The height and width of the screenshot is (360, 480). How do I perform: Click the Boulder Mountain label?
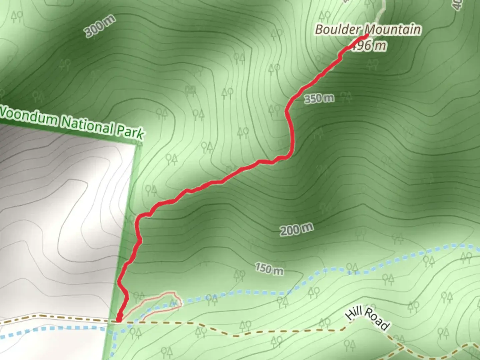tap(368, 30)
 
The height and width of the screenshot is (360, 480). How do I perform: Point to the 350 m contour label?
tap(319, 98)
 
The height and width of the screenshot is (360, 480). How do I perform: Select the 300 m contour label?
tap(100, 26)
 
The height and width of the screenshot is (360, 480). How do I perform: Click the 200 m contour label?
tap(296, 229)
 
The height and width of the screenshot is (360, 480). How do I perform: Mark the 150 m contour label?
tap(269, 268)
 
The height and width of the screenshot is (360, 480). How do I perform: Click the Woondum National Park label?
tap(72, 123)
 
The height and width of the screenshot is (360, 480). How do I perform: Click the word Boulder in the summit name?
tap(337, 29)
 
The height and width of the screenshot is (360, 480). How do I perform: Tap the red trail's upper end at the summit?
tap(366, 35)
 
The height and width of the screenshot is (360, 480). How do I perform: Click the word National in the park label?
tap(87, 125)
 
